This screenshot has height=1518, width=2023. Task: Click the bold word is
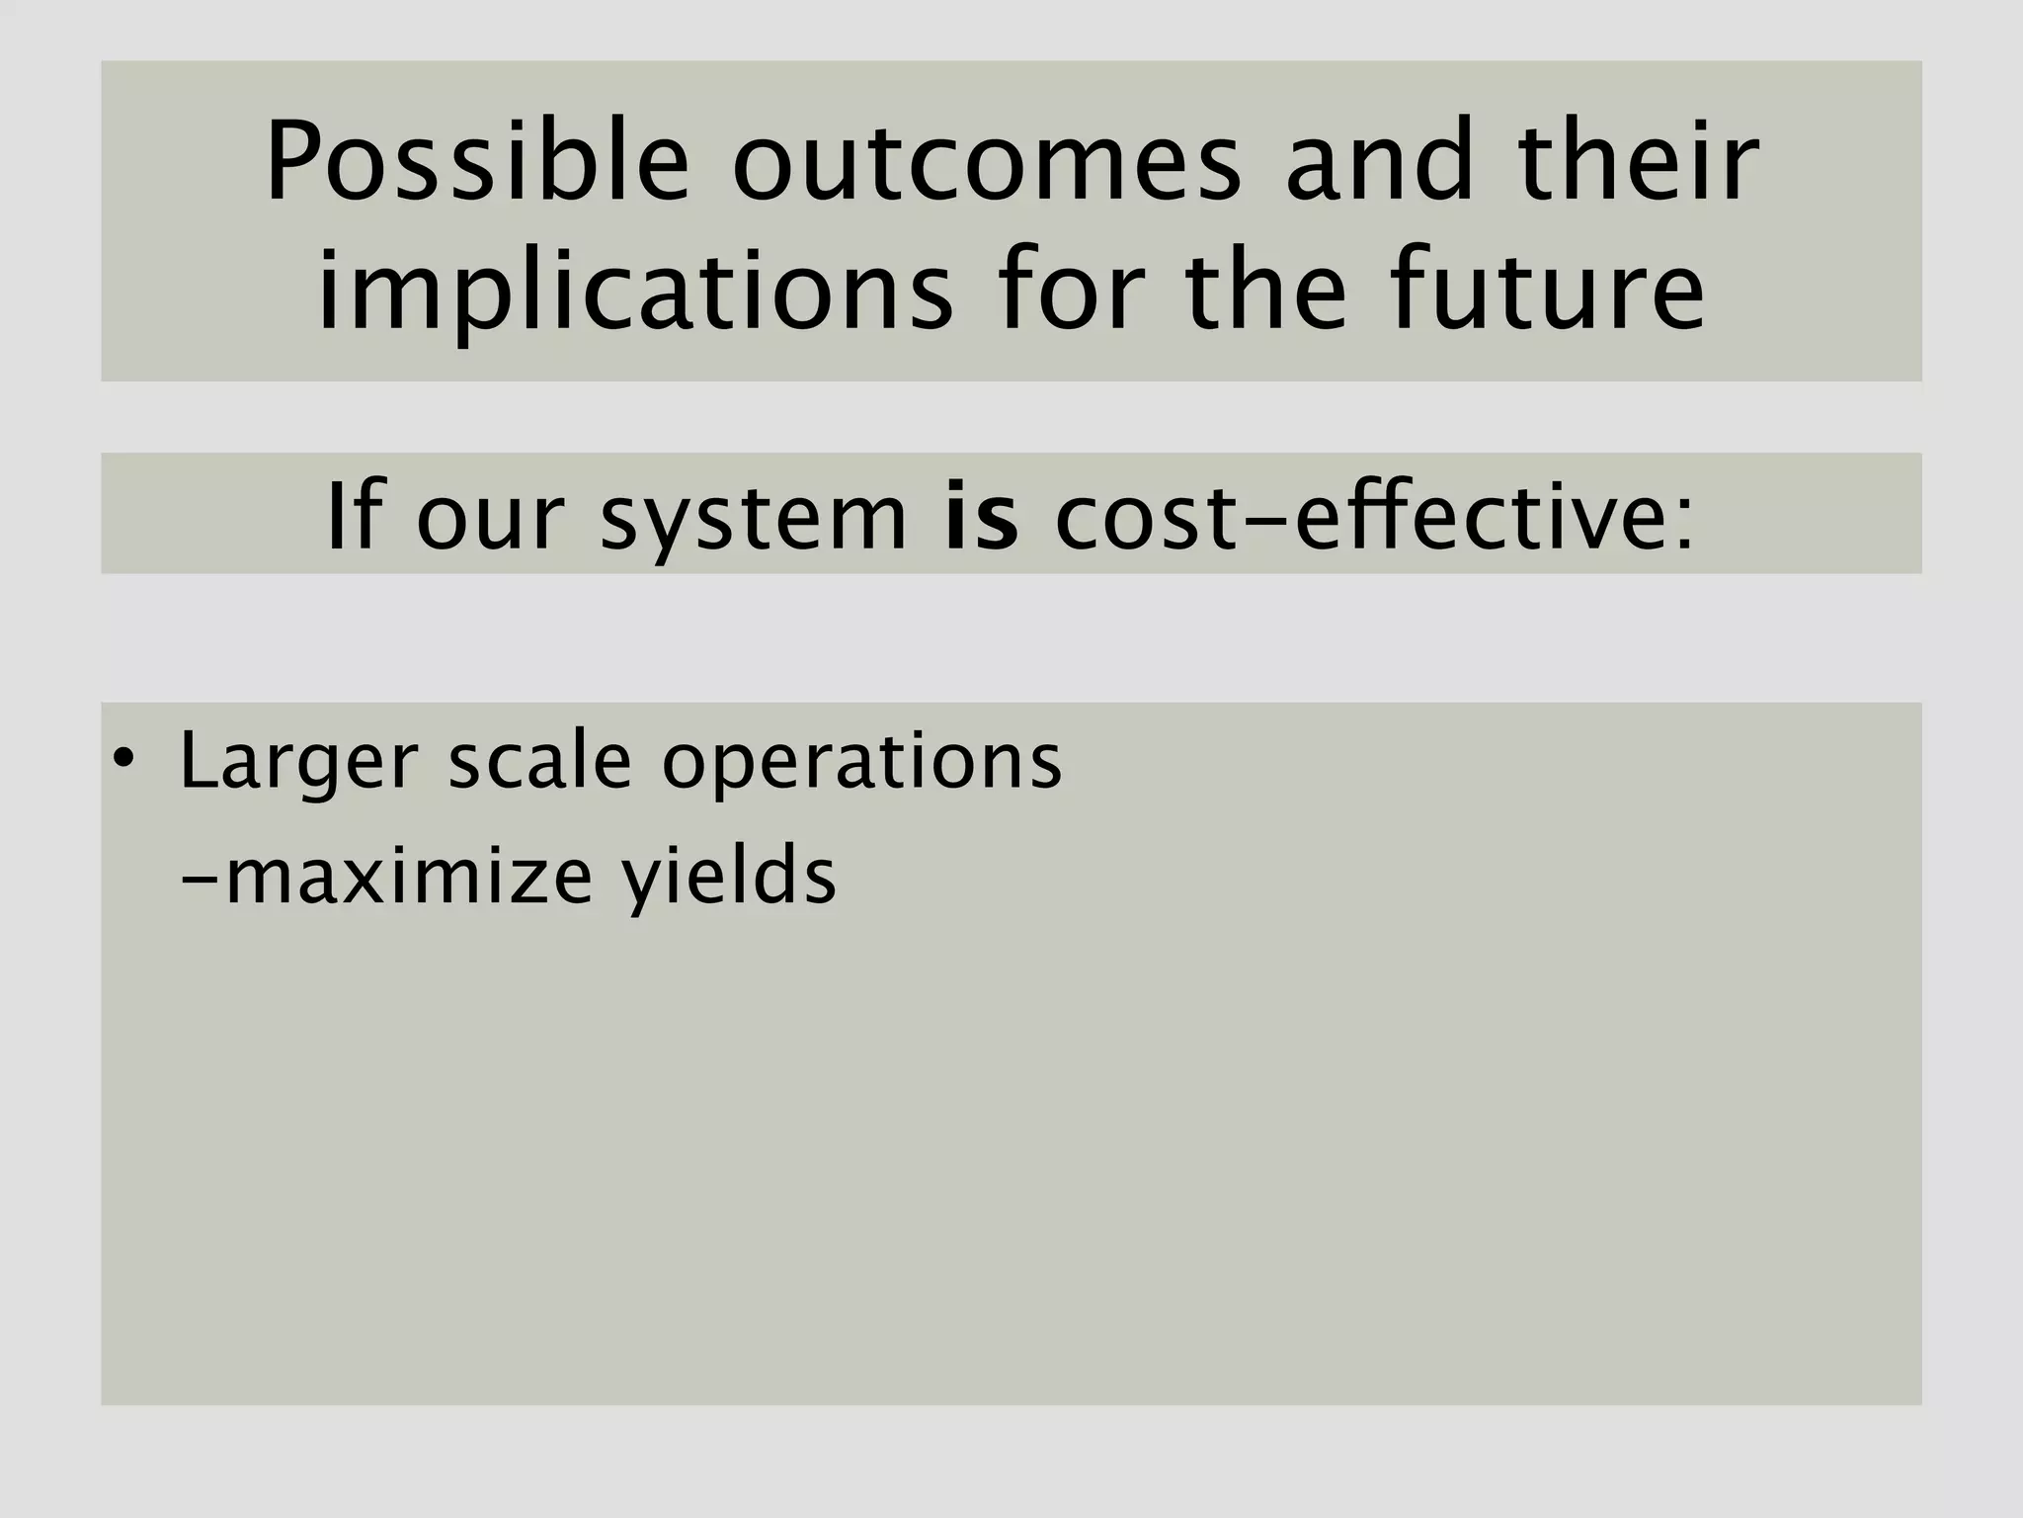click(x=981, y=516)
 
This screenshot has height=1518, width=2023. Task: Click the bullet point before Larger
click(x=122, y=760)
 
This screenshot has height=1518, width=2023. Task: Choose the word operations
click(x=861, y=766)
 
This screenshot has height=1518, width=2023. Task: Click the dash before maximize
click(x=201, y=877)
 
